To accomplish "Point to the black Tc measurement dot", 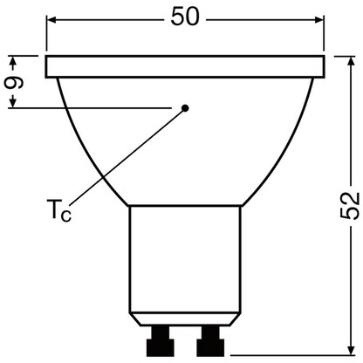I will tap(185, 108).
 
